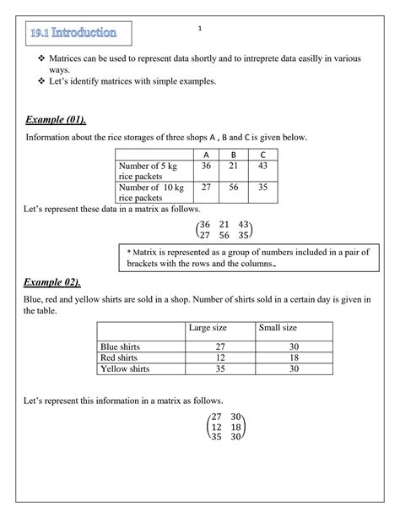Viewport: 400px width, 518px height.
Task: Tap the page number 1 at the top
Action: tap(200, 30)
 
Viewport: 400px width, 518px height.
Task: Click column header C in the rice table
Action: tap(263, 155)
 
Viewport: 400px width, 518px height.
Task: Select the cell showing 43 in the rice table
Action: tap(263, 166)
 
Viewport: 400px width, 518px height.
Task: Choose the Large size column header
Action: tap(206, 327)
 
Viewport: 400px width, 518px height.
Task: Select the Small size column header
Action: tap(277, 327)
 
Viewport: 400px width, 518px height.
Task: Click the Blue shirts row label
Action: tap(120, 346)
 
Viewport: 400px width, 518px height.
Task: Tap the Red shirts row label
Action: tap(118, 357)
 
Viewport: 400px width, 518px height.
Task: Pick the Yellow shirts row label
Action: tap(125, 368)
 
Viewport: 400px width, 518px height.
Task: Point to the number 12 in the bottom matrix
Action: tap(217, 428)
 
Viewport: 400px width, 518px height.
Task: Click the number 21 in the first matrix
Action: tap(224, 224)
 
